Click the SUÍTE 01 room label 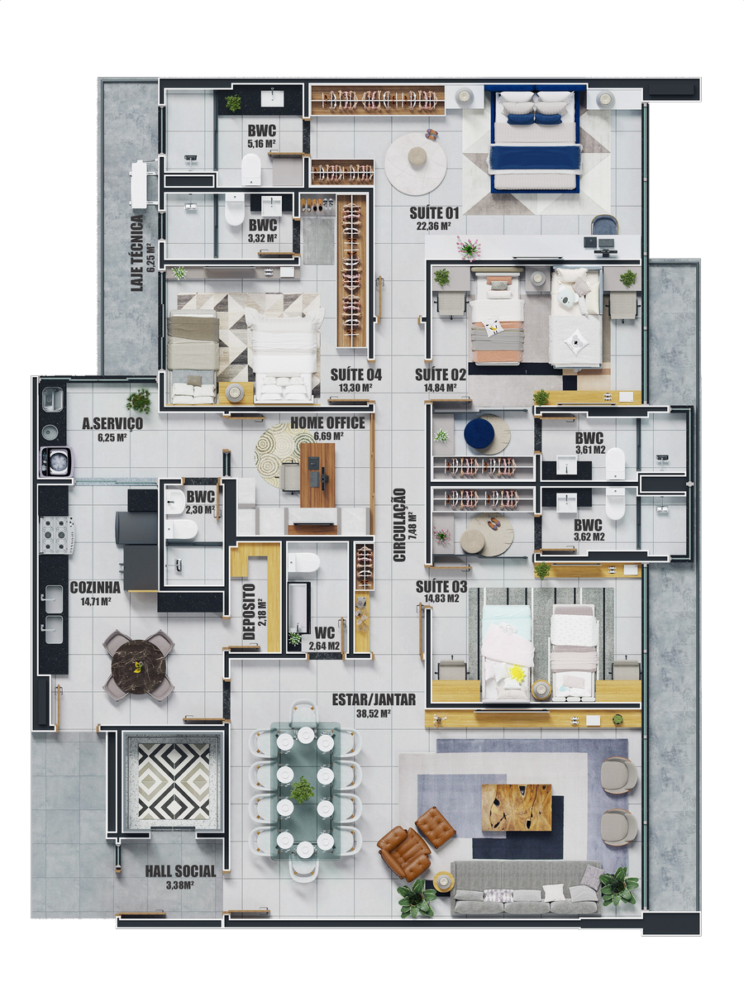click(434, 212)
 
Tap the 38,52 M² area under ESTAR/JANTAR click(373, 713)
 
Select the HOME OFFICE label click(327, 422)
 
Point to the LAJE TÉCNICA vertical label click(137, 253)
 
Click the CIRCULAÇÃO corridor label click(400, 525)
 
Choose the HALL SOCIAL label click(180, 871)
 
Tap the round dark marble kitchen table click(139, 667)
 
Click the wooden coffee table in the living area click(517, 808)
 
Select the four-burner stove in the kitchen click(57, 535)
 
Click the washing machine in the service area click(56, 461)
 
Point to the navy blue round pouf click(479, 434)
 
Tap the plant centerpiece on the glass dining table click(302, 790)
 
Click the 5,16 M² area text click(261, 144)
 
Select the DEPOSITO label click(249, 612)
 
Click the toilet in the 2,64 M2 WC click(303, 563)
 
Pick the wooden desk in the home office click(317, 475)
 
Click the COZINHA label click(95, 587)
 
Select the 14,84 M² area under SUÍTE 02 click(440, 388)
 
